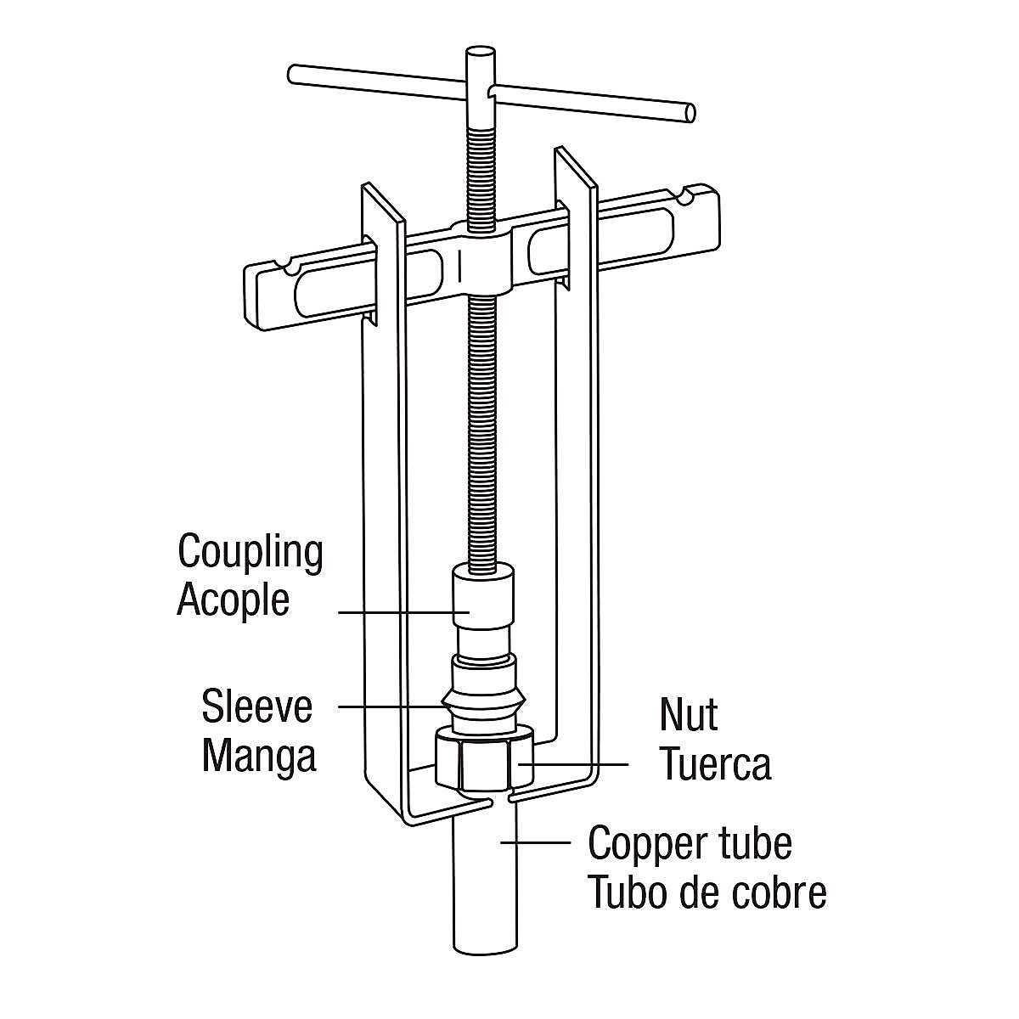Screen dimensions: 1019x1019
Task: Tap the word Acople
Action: pyautogui.click(x=233, y=600)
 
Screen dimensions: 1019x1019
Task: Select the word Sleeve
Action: pyautogui.click(x=256, y=707)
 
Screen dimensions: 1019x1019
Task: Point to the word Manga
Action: pyautogui.click(x=259, y=755)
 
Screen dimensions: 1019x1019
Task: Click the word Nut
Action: pyautogui.click(x=688, y=715)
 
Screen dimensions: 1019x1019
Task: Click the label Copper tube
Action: pyautogui.click(x=690, y=843)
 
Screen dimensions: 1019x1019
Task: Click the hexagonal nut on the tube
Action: pyautogui.click(x=485, y=760)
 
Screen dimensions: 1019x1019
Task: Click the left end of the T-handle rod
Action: pyautogui.click(x=294, y=74)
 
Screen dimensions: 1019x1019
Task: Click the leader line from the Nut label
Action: pyautogui.click(x=577, y=763)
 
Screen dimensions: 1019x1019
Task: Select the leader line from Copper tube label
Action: pyautogui.click(x=535, y=842)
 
